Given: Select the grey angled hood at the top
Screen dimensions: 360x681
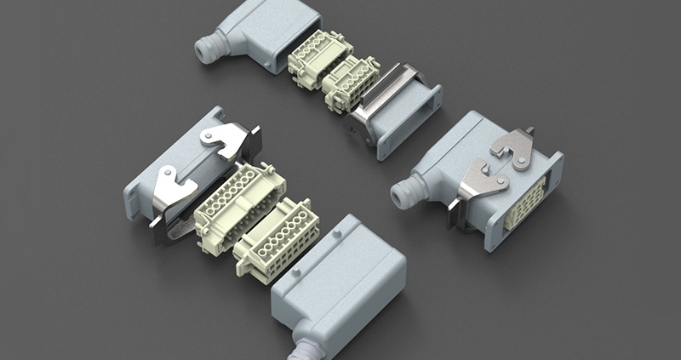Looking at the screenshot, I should click(255, 34).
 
